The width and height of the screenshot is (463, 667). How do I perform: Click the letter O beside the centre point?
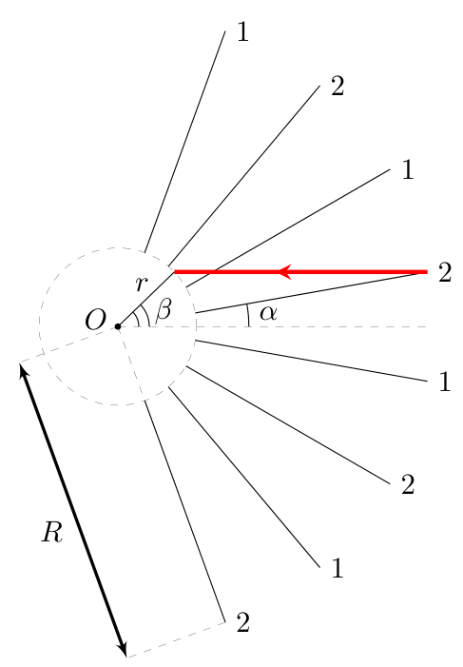(x=95, y=320)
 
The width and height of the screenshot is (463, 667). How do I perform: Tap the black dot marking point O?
(x=118, y=326)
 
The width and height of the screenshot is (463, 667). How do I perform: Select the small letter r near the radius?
(x=141, y=284)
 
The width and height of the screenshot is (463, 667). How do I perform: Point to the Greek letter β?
(x=164, y=309)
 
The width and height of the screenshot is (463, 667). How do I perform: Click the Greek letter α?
(x=268, y=313)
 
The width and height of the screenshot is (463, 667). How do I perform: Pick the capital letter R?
(x=52, y=531)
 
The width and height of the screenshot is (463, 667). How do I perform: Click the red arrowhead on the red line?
(x=285, y=271)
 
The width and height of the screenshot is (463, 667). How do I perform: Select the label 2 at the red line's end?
(x=445, y=272)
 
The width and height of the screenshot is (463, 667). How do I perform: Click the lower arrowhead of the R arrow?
(x=122, y=650)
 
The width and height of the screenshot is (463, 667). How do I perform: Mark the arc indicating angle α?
(x=248, y=315)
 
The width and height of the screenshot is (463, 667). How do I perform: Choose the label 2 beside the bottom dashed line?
(x=242, y=623)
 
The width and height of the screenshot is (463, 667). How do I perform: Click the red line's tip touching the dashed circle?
(x=174, y=271)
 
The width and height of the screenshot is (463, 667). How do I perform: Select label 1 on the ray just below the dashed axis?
(x=445, y=382)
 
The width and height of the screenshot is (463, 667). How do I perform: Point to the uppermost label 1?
(x=242, y=31)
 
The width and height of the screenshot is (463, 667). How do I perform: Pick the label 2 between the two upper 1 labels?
(x=338, y=87)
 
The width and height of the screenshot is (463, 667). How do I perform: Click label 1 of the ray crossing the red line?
(x=408, y=169)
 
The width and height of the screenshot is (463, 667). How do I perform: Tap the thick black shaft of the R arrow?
(x=73, y=510)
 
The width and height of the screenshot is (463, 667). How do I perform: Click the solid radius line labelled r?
(x=146, y=299)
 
